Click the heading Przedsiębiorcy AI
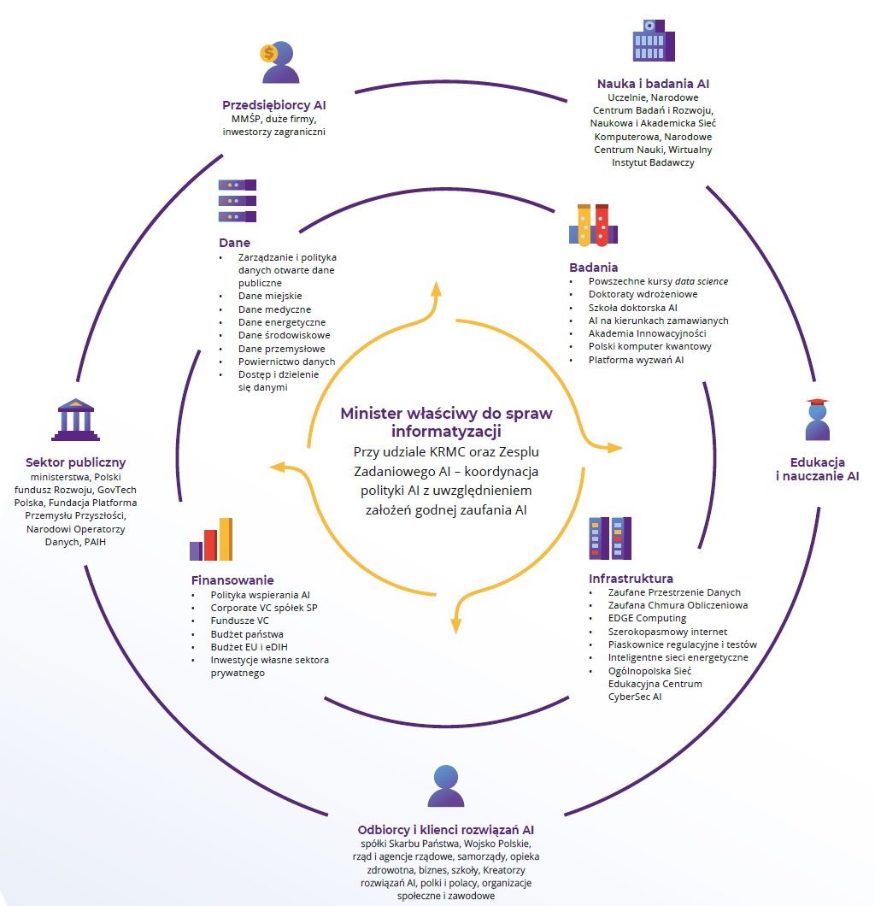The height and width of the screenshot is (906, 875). click(x=273, y=105)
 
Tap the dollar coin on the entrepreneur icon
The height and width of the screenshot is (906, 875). click(x=268, y=53)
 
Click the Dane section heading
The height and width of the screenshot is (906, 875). click(x=234, y=243)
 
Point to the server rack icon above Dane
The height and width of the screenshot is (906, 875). click(x=237, y=200)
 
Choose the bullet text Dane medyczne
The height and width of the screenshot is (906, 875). click(x=274, y=309)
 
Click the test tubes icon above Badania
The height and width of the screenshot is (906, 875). click(x=593, y=225)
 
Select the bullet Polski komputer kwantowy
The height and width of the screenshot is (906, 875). click(x=649, y=346)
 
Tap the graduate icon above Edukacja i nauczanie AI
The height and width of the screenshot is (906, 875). click(x=818, y=420)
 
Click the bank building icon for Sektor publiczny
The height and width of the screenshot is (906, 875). click(x=75, y=418)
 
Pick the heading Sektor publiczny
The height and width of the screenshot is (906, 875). click(x=75, y=463)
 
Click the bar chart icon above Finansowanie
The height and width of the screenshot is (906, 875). click(x=211, y=539)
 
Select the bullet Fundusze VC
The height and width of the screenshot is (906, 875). click(x=240, y=621)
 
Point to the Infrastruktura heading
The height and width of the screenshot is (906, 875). click(x=631, y=579)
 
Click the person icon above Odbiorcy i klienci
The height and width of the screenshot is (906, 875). click(x=446, y=786)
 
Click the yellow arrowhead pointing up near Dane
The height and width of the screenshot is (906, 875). click(x=436, y=288)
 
